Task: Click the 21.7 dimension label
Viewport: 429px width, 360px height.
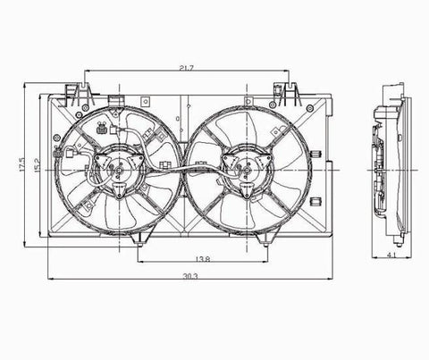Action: tap(187, 68)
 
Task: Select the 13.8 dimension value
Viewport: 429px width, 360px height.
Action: tap(203, 259)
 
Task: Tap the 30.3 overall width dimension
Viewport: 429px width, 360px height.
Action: tap(190, 276)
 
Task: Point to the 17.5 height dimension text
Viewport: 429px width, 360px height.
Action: tap(21, 164)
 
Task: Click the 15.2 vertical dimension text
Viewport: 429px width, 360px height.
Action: tap(38, 165)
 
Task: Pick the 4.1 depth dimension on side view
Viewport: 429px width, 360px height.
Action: tap(391, 255)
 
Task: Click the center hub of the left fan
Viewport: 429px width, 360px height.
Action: tap(120, 170)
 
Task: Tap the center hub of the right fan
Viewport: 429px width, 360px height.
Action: tap(247, 170)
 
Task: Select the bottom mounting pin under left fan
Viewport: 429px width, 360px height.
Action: tap(139, 245)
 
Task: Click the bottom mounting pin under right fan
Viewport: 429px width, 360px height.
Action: tap(265, 244)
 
